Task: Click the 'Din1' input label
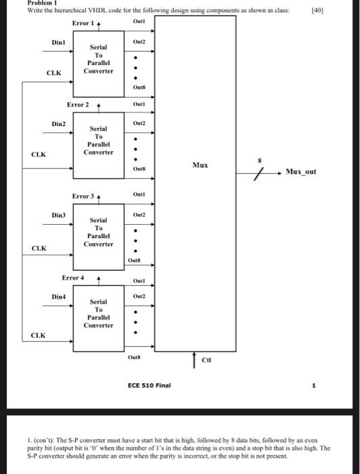coord(59,43)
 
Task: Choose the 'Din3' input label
coord(60,215)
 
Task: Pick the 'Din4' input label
coord(60,297)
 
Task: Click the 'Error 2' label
coord(78,104)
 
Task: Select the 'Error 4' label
coord(73,278)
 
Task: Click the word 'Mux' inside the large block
coord(200,165)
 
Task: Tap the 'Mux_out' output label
coord(301,172)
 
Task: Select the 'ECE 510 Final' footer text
coord(150,385)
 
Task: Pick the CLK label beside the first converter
coord(54,72)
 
